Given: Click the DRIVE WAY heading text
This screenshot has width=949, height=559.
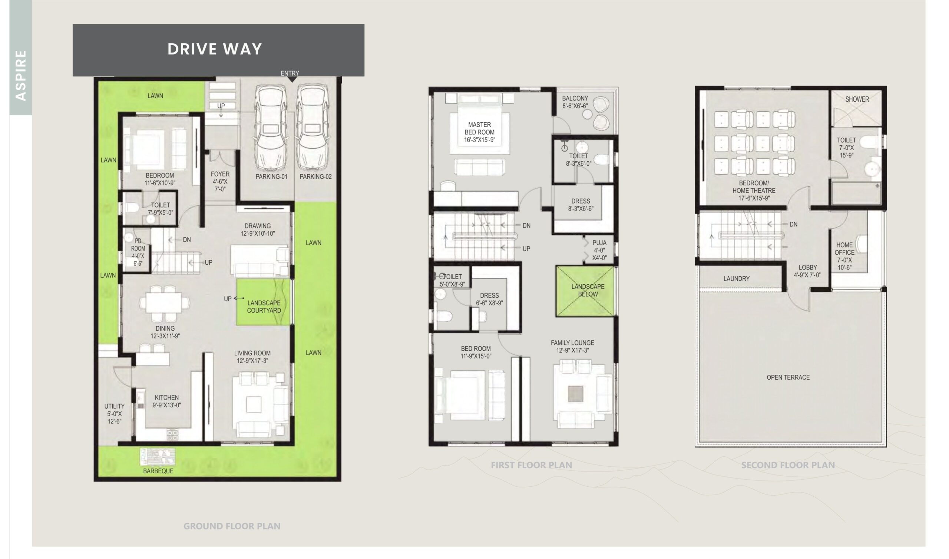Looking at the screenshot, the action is click(215, 49).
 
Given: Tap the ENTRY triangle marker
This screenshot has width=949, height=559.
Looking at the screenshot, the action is click(292, 79).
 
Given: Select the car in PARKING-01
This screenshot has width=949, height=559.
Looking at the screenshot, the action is click(270, 127).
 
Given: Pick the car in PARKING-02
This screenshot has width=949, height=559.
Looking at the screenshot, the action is click(313, 127).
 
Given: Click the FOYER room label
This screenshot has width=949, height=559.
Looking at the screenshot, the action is click(220, 174).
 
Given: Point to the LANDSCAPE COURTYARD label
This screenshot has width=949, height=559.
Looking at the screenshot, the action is click(264, 307).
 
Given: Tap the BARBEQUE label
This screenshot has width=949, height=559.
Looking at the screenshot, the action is click(158, 471).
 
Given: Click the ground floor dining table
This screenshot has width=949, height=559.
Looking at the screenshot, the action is click(165, 302).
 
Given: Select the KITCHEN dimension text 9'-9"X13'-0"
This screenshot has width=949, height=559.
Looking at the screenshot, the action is click(167, 405).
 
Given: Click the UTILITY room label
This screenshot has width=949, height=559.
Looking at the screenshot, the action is click(115, 406).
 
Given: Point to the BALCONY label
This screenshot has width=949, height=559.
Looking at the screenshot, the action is click(575, 98).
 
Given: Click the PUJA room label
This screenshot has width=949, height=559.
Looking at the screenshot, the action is click(599, 243).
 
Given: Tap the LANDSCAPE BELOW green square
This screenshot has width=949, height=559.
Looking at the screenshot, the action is click(585, 291).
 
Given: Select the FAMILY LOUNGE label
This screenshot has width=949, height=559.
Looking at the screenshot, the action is click(572, 343).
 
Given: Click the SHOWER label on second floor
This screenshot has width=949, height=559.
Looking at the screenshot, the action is click(857, 99).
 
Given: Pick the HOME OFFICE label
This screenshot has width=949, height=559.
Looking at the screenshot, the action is click(844, 249).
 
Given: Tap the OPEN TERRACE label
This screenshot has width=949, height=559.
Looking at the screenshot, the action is click(788, 377).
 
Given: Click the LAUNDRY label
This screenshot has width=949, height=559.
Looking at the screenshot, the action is click(737, 279).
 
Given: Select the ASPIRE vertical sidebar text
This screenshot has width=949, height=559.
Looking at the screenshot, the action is click(21, 75).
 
